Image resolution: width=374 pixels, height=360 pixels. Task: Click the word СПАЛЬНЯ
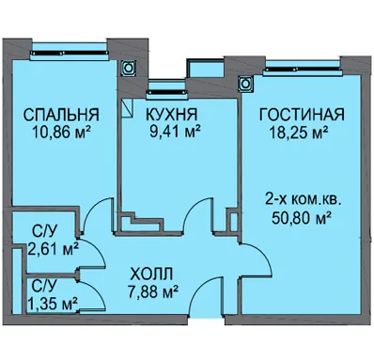pyautogui.click(x=61, y=115)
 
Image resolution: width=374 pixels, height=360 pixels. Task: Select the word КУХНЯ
pyautogui.click(x=172, y=115)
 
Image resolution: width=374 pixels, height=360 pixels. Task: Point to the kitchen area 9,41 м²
pyautogui.click(x=175, y=132)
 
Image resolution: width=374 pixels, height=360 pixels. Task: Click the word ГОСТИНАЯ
pyautogui.click(x=302, y=115)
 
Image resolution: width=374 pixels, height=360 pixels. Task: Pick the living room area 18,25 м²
pyautogui.click(x=299, y=132)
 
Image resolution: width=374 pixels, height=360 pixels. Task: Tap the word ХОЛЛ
pyautogui.click(x=151, y=274)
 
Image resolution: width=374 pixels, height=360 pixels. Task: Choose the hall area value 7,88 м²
pyautogui.click(x=153, y=292)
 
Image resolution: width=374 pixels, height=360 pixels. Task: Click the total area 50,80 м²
pyautogui.click(x=302, y=218)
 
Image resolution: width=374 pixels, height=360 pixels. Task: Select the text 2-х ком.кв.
pyautogui.click(x=304, y=199)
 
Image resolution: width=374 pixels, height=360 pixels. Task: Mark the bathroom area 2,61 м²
pyautogui.click(x=53, y=249)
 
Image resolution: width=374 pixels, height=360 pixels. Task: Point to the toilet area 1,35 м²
pyautogui.click(x=53, y=303)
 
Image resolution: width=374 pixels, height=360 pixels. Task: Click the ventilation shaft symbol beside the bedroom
pyautogui.click(x=128, y=68)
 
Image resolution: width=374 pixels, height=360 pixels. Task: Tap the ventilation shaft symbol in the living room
pyautogui.click(x=246, y=84)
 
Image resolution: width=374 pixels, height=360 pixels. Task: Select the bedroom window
pyautogui.click(x=70, y=53)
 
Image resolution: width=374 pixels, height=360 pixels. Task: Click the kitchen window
pyautogui.click(x=167, y=92)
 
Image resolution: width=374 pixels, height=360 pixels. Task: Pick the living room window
pyautogui.click(x=303, y=71)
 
